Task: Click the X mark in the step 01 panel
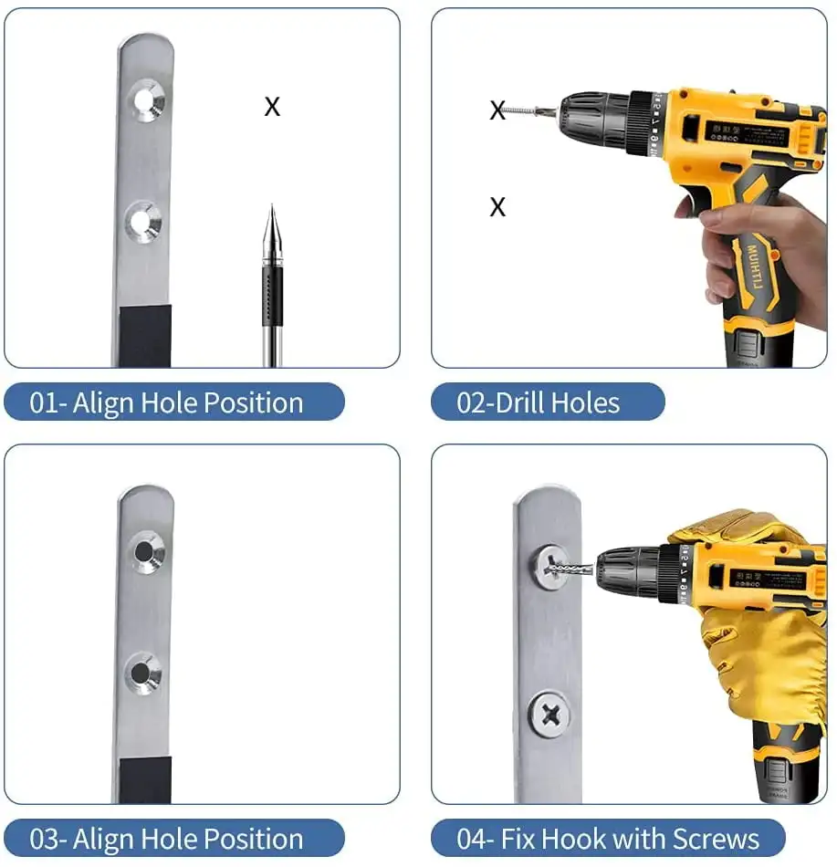click(x=272, y=107)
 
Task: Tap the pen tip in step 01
click(x=271, y=206)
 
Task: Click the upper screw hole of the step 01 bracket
click(x=146, y=100)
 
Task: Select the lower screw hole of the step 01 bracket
click(x=143, y=221)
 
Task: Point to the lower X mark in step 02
click(x=497, y=207)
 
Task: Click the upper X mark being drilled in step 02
click(x=497, y=110)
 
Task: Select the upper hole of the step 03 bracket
click(x=144, y=551)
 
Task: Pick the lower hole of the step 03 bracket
click(x=142, y=674)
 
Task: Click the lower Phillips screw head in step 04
click(x=550, y=715)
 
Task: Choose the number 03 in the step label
click(x=43, y=839)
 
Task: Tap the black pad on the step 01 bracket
click(x=145, y=336)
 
